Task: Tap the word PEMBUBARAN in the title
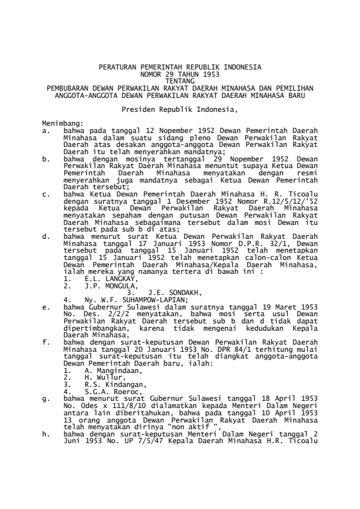tap(73, 87)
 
